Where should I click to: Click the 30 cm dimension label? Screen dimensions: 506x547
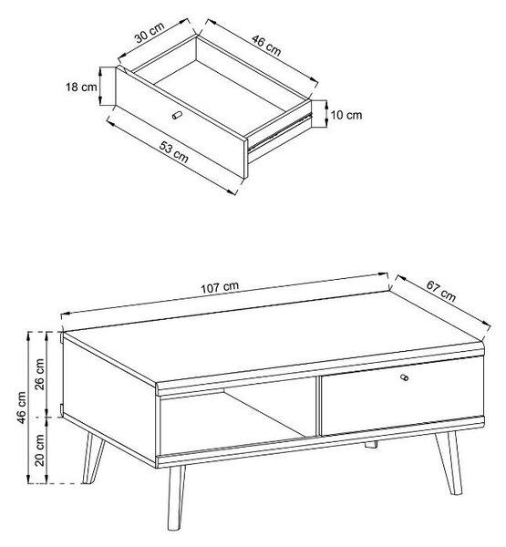[x=150, y=33]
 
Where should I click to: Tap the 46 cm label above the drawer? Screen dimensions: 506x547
[x=266, y=46]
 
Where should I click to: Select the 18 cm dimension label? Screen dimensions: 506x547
[x=81, y=87]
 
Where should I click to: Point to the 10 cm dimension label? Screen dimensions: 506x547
[x=346, y=115]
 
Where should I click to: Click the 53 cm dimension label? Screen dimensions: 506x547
[x=174, y=151]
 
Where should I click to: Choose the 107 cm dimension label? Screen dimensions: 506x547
[x=220, y=287]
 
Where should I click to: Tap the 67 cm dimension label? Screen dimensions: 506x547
[x=440, y=291]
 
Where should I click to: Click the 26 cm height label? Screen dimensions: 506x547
[x=39, y=374]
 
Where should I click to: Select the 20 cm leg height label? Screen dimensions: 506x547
[x=39, y=450]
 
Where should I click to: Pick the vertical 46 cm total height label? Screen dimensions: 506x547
[x=21, y=408]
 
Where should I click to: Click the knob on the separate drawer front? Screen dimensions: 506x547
[x=177, y=115]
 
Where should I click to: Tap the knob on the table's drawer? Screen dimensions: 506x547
[x=404, y=377]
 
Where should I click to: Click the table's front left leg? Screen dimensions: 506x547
[x=176, y=498]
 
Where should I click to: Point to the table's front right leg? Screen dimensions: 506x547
[x=449, y=463]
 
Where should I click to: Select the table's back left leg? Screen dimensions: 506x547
[x=93, y=458]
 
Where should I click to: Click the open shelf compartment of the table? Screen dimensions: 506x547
[x=238, y=418]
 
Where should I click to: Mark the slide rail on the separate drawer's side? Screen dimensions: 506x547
[x=279, y=132]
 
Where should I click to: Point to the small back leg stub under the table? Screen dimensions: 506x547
[x=371, y=445]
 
